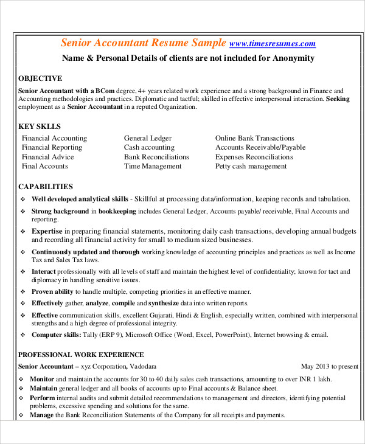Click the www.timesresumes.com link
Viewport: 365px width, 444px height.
[273, 43]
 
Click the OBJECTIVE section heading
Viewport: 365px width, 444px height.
[40, 78]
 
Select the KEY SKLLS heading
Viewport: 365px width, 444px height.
[40, 126]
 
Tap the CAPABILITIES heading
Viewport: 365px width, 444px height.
[46, 187]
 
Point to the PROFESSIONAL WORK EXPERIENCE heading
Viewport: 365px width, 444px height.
[81, 355]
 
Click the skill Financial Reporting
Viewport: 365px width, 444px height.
[52, 147]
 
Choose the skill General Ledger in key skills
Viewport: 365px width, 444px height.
[148, 138]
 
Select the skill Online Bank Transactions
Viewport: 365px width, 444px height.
[254, 138]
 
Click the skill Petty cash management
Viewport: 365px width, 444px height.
[251, 166]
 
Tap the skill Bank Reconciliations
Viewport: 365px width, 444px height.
[156, 157]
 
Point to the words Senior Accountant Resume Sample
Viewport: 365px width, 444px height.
[144, 43]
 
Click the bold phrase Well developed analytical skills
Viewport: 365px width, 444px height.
[80, 199]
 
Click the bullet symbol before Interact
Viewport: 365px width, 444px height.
[23, 271]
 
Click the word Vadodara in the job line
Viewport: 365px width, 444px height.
[143, 367]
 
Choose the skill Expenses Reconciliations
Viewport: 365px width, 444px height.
[254, 157]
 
